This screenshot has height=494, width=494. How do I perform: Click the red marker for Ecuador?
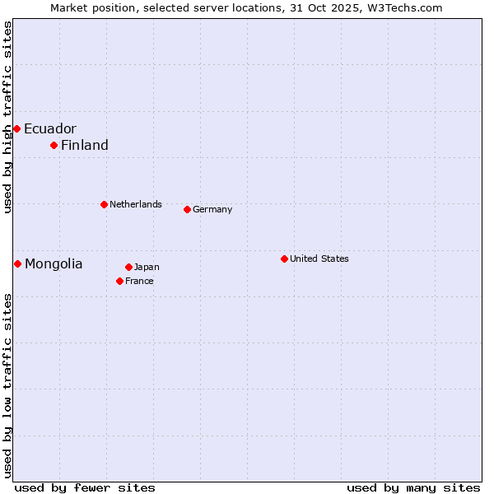(x=16, y=128)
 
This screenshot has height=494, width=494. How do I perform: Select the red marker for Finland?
(x=54, y=145)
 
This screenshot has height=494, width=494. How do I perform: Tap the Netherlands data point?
(x=104, y=204)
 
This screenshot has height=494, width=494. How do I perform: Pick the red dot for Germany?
(x=187, y=209)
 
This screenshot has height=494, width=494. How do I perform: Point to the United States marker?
(x=284, y=259)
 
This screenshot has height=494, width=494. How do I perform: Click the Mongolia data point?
(x=17, y=263)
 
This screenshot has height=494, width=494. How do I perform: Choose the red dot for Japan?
(x=128, y=267)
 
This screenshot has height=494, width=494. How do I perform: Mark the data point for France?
(x=119, y=281)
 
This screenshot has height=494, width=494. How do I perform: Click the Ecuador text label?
(x=49, y=128)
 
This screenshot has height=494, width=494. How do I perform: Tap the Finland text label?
(x=84, y=145)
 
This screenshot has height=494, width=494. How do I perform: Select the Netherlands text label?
(x=135, y=204)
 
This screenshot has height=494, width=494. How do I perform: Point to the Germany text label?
(x=212, y=209)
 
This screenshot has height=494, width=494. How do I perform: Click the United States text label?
(x=319, y=259)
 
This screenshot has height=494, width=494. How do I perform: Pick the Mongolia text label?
(x=54, y=263)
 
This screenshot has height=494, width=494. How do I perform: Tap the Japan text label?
(x=147, y=267)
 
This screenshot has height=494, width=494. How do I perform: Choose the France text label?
(x=139, y=281)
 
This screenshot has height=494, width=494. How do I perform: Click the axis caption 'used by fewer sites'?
(x=85, y=487)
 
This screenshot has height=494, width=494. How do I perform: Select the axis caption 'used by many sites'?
(x=413, y=487)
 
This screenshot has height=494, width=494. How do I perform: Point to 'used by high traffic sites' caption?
(x=7, y=117)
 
